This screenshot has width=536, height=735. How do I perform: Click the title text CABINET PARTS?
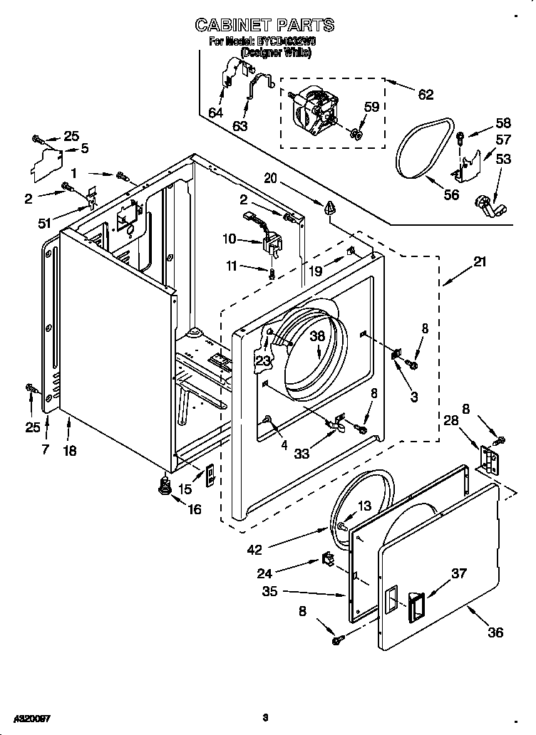264,26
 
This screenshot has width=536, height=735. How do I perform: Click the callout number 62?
426,93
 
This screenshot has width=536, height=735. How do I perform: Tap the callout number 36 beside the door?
495,632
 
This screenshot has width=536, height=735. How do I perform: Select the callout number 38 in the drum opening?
317,337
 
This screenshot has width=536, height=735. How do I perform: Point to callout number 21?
480,261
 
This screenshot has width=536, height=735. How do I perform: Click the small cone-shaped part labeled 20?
330,208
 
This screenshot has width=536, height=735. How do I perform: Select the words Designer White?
275,53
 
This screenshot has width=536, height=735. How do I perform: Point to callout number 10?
229,239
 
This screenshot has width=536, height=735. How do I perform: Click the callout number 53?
503,159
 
